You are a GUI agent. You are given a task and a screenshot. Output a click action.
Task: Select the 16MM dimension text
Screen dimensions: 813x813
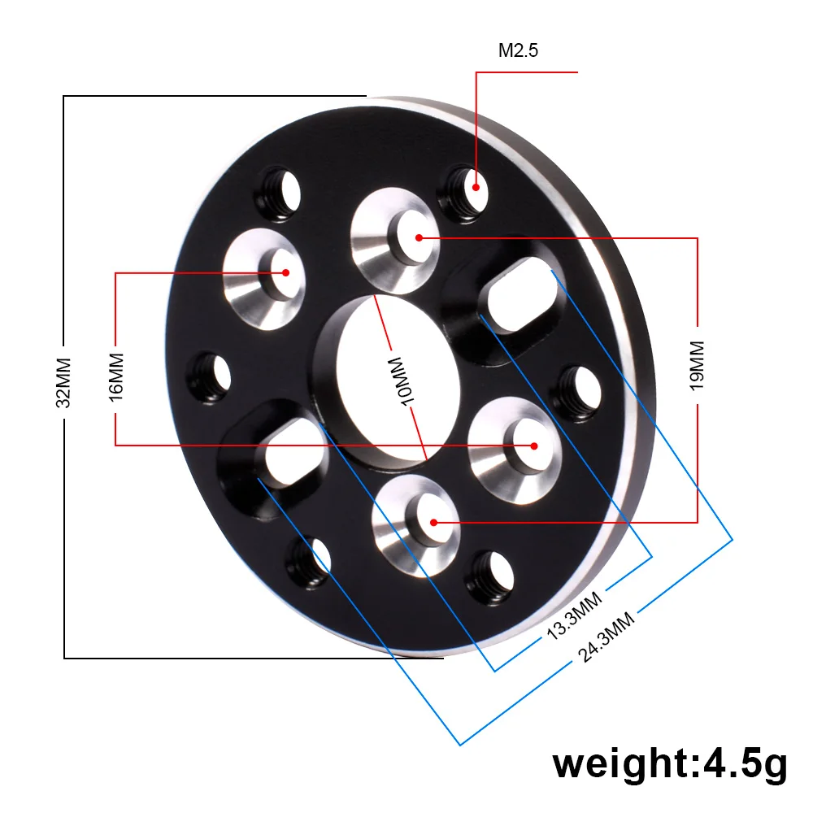tap(116, 375)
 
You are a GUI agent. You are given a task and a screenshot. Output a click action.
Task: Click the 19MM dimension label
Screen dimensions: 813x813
tap(698, 367)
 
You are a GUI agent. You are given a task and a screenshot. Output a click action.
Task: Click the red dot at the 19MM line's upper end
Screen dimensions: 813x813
tap(419, 237)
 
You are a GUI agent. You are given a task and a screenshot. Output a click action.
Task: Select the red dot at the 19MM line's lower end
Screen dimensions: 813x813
tap(435, 522)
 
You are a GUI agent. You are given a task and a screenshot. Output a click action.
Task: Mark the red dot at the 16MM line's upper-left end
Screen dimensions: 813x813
tap(285, 272)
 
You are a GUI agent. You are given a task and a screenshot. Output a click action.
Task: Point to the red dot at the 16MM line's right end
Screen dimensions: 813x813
tap(534, 445)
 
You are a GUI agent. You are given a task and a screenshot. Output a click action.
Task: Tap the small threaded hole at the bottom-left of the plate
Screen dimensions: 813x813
tap(310, 561)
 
